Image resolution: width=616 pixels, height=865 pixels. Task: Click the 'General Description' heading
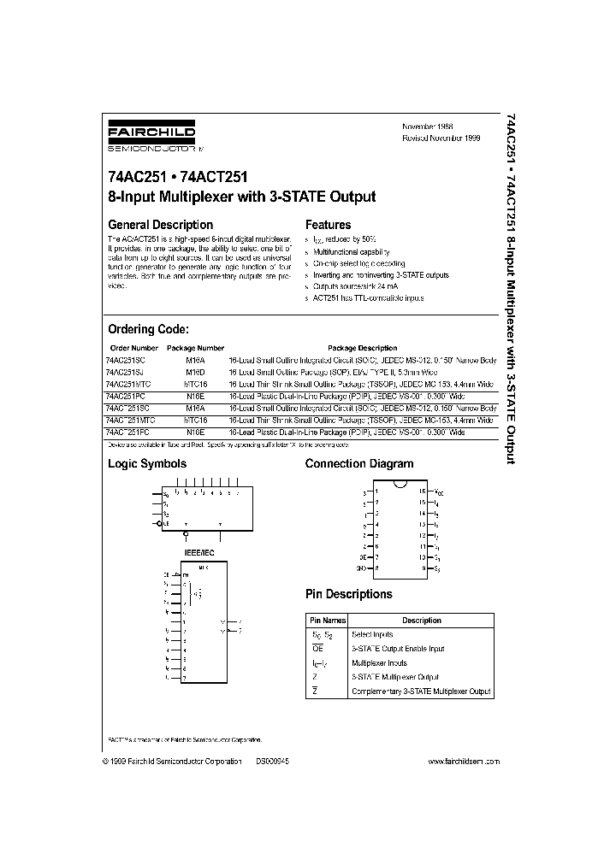tap(160, 226)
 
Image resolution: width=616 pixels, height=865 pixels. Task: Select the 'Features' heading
tap(328, 226)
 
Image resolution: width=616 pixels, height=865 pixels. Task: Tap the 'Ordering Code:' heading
tap(148, 329)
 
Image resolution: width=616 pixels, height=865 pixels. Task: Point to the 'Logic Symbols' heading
tap(146, 463)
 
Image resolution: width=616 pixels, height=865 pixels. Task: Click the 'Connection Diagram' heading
tap(358, 463)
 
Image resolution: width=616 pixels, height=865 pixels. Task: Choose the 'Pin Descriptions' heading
tap(348, 593)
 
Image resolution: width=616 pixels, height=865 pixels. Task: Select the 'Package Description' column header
tap(365, 348)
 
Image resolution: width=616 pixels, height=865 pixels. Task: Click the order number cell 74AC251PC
tap(125, 397)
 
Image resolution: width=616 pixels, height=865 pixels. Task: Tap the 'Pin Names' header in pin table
tap(328, 621)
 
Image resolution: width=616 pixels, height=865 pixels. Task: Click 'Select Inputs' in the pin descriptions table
tap(372, 634)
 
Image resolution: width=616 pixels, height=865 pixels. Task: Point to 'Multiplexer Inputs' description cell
tap(379, 662)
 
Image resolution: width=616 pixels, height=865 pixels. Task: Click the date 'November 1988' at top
tap(428, 126)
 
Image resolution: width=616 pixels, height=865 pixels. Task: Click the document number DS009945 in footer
tap(272, 761)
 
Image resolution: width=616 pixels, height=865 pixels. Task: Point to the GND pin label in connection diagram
tap(361, 567)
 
